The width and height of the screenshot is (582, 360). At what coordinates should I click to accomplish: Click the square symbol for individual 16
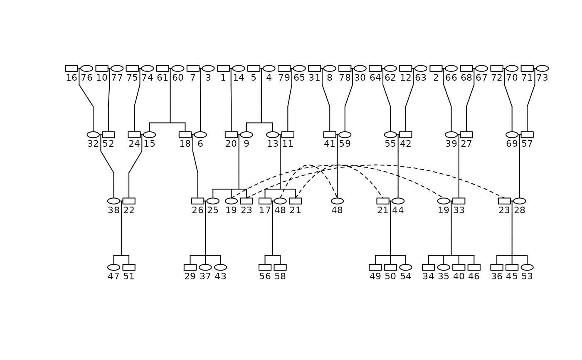coord(72,68)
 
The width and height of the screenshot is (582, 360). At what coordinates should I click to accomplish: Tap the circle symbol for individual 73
coord(542,68)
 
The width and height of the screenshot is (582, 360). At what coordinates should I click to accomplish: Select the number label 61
coord(163,77)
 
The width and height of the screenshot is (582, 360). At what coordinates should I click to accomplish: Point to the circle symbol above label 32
coord(93,135)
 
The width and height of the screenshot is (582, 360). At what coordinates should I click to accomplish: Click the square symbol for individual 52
coord(108,135)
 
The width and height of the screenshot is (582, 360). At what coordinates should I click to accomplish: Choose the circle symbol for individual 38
coord(113,201)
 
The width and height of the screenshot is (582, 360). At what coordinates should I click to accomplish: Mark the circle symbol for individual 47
coord(113,267)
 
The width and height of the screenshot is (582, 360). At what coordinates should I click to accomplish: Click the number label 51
coord(129,276)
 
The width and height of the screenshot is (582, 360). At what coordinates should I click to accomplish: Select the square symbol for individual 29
coord(190,267)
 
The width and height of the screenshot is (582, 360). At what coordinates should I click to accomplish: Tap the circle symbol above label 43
coord(220,267)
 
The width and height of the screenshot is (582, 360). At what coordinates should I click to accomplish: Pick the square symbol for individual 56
coord(265,267)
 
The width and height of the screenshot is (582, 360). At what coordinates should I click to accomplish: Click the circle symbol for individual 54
coord(405,267)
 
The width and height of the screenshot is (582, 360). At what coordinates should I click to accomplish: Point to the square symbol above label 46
coord(474,267)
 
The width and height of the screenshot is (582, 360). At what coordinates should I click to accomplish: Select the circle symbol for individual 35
coord(444,267)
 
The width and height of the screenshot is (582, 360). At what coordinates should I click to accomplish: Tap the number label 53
coord(527,276)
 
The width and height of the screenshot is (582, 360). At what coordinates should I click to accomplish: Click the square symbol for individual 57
coord(527,135)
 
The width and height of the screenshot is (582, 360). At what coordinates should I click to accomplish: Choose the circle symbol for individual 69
coord(512,135)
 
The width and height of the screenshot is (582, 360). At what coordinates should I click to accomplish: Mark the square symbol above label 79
coord(284,68)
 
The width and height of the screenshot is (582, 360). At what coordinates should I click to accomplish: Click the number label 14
coord(239,77)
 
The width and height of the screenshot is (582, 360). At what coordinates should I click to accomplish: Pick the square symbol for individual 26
coord(197,201)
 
